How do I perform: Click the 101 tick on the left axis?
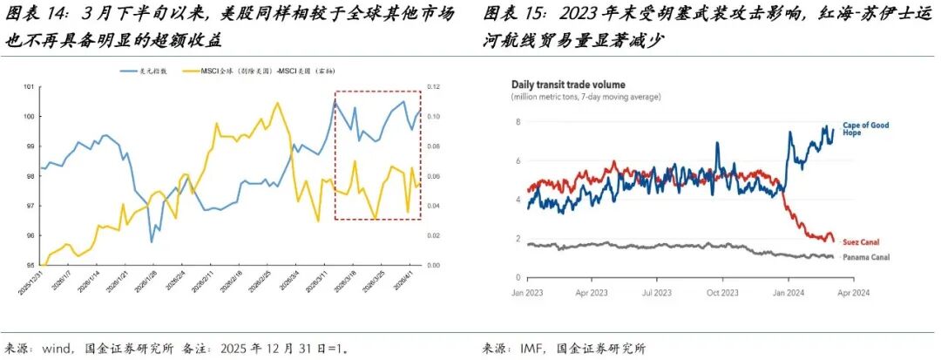[x=28, y=86]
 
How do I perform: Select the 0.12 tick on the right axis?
[x=432, y=86]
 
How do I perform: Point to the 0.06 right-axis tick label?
[x=432, y=176]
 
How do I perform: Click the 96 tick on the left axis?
[x=28, y=235]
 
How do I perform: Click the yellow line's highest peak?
[x=277, y=103]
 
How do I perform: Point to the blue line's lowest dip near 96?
[x=152, y=241]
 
